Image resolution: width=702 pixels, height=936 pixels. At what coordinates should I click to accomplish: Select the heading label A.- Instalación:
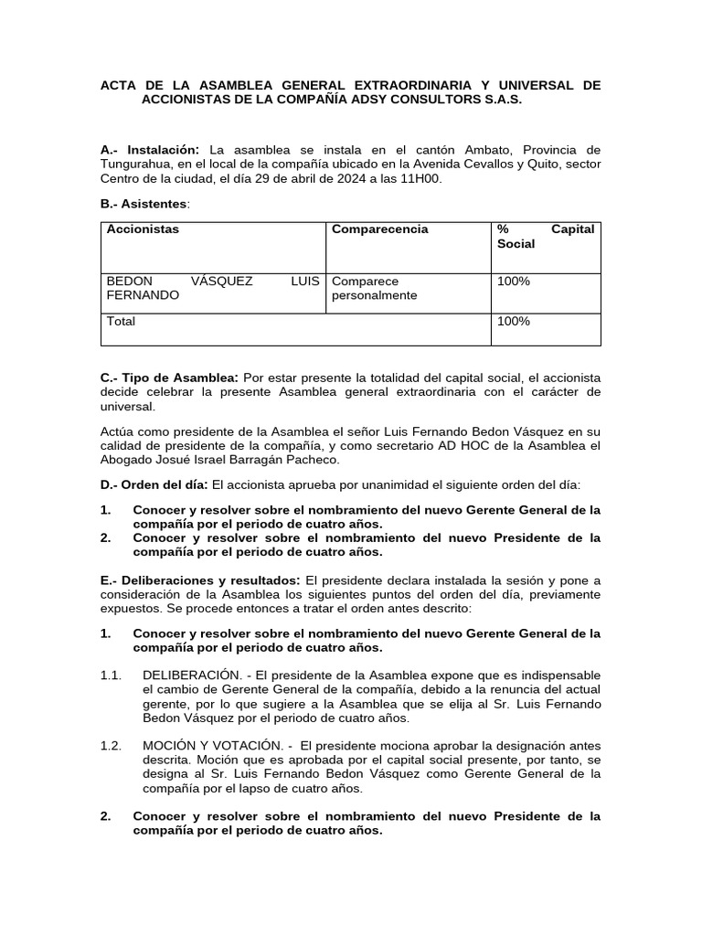click(150, 149)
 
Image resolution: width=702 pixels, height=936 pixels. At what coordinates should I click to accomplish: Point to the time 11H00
click(420, 178)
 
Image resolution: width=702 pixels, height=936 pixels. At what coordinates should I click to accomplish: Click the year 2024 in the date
click(346, 178)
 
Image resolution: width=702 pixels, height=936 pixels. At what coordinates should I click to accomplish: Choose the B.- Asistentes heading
click(144, 202)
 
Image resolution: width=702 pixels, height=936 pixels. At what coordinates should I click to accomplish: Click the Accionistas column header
click(143, 229)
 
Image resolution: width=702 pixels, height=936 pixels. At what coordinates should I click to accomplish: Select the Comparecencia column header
click(379, 229)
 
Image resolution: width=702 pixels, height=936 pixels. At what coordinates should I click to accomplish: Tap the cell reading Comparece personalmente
click(375, 288)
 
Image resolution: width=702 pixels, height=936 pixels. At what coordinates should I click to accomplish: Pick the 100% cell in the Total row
click(513, 322)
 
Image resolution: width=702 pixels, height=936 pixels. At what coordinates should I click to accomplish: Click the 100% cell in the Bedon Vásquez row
click(513, 282)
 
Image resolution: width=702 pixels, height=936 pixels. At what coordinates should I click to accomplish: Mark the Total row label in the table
click(121, 322)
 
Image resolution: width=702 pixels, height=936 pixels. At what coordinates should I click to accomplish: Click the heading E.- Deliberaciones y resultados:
click(200, 580)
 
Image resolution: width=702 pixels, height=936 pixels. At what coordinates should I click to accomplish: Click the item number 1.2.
click(111, 745)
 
